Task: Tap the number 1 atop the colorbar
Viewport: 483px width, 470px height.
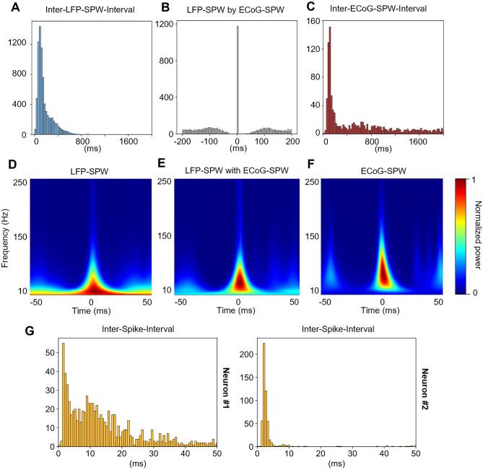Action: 470,178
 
